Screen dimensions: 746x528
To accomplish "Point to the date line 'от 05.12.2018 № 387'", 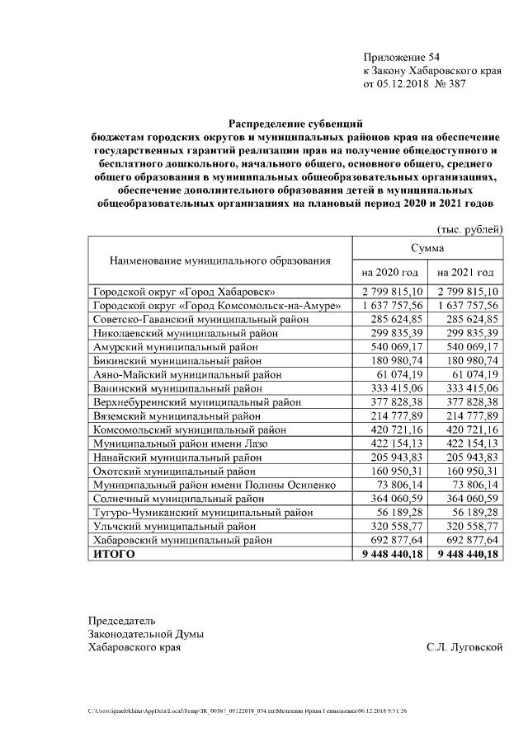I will point(420,84).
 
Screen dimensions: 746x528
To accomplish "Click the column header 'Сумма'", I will point(427,247).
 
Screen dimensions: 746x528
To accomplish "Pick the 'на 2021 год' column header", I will point(465,272).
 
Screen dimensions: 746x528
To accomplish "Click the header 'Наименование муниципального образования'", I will point(220,260).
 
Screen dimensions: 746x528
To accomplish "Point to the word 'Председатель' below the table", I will point(122,620).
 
